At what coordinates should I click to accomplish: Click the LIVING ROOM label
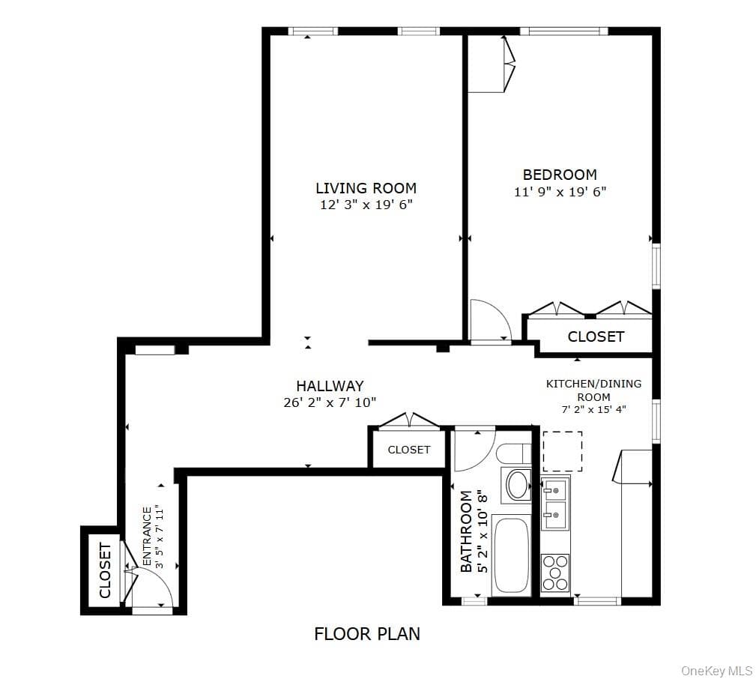pyautogui.click(x=366, y=187)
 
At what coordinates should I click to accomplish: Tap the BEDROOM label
pyautogui.click(x=560, y=174)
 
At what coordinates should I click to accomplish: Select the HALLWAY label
pyautogui.click(x=330, y=386)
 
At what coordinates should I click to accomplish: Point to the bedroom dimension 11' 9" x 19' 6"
pyautogui.click(x=560, y=192)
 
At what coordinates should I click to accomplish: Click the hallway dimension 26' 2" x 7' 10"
pyautogui.click(x=330, y=402)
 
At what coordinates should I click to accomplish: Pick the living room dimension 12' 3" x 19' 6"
pyautogui.click(x=366, y=205)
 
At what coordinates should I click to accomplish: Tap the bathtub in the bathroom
pyautogui.click(x=511, y=555)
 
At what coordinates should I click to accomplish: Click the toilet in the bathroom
pyautogui.click(x=514, y=453)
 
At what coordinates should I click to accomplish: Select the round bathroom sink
pyautogui.click(x=516, y=485)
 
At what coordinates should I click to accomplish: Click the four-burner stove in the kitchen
pyautogui.click(x=555, y=573)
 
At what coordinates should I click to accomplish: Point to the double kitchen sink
pyautogui.click(x=555, y=503)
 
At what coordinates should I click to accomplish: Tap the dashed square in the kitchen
pyautogui.click(x=563, y=451)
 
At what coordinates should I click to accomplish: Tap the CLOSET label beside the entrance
pyautogui.click(x=105, y=570)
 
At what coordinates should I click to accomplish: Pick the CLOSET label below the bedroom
pyautogui.click(x=596, y=337)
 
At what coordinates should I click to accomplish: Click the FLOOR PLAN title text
pyautogui.click(x=367, y=634)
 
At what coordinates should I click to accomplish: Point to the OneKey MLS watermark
pyautogui.click(x=717, y=670)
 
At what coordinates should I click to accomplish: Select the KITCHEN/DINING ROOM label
pyautogui.click(x=594, y=390)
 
